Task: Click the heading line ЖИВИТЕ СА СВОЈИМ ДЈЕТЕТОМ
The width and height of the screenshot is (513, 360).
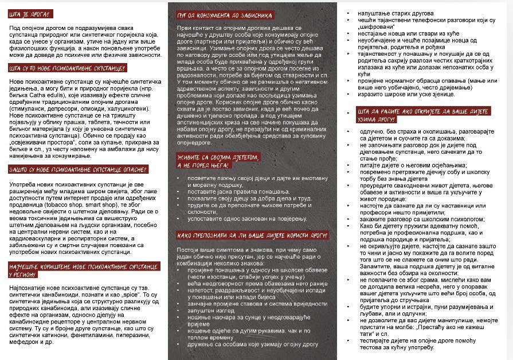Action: (218, 156)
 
